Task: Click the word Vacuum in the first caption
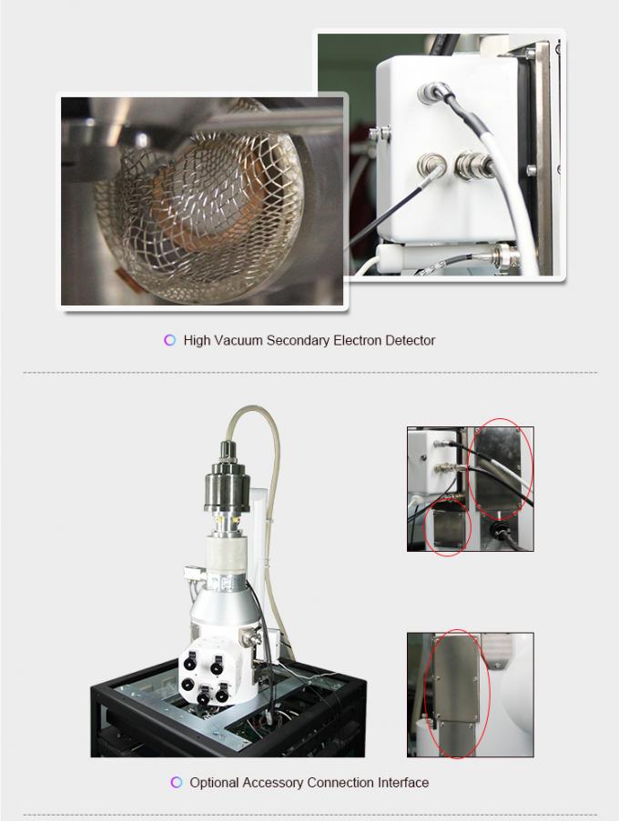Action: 239,341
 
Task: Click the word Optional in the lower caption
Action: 214,783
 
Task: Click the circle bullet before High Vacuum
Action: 169,341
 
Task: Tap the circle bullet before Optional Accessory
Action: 177,783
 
